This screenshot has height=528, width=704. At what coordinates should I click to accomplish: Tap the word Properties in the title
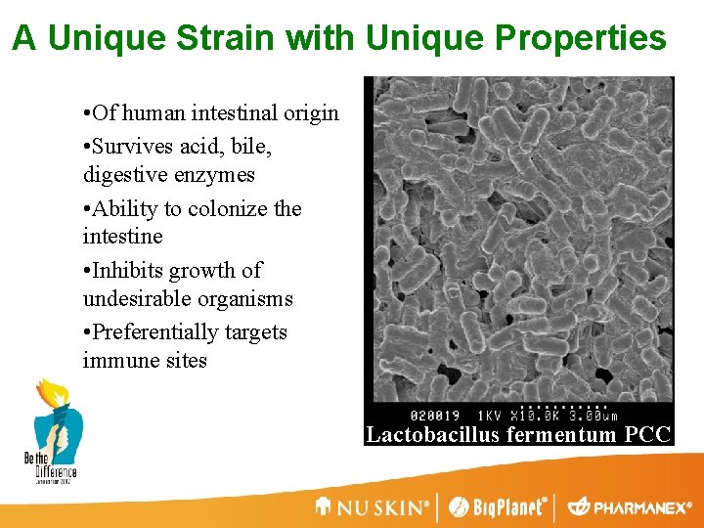pos(581,39)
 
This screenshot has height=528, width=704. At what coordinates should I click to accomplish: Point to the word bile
pos(253,147)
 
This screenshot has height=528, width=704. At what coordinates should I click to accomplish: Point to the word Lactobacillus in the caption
pos(434,435)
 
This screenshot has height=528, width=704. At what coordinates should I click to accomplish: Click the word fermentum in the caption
pos(563,435)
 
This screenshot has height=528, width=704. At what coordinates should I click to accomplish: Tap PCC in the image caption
pos(648,435)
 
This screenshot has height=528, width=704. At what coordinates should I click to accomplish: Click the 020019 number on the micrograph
pos(435,415)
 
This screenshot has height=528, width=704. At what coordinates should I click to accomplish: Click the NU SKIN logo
pos(373,507)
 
